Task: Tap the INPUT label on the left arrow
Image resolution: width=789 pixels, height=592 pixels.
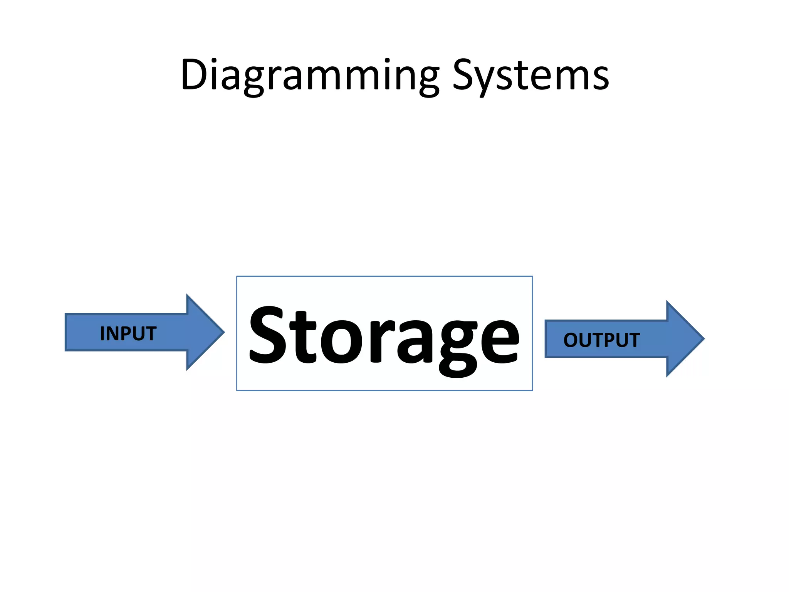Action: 128,333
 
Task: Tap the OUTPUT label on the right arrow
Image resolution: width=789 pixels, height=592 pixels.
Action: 601,340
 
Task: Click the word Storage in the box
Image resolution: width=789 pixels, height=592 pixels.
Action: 384,335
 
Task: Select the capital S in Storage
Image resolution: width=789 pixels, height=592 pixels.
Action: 269,335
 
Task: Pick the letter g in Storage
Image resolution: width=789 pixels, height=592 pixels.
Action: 458,345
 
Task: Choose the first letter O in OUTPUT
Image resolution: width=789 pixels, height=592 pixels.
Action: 571,340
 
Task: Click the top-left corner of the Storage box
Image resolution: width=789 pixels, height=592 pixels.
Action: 237,276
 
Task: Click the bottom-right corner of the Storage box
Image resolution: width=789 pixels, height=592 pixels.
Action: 532,390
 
